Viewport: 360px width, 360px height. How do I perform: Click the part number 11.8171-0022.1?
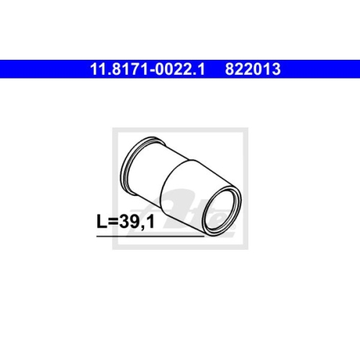click(147, 70)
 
